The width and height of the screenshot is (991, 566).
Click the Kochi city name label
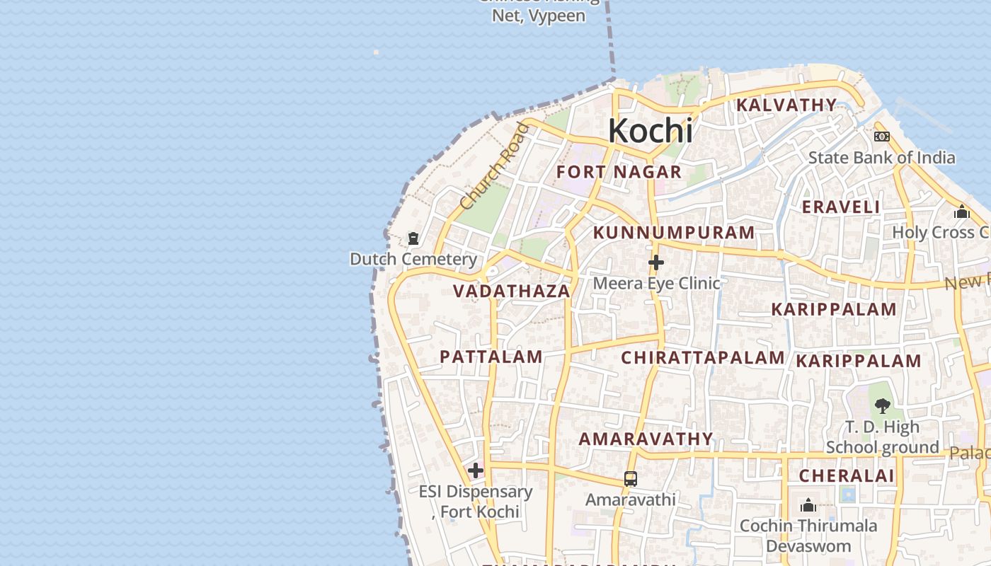[x=650, y=131]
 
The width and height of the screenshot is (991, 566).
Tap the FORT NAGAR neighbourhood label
[x=619, y=172]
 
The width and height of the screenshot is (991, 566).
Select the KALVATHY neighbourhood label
[x=786, y=105]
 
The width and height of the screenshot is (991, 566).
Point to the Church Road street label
[x=494, y=167]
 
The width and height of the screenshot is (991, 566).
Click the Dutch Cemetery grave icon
[x=413, y=239]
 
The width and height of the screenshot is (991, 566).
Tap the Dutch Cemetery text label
[x=413, y=259]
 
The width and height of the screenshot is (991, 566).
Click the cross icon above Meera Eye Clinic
[x=656, y=262]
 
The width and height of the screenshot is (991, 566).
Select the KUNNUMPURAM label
[x=674, y=233]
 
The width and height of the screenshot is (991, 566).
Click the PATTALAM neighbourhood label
[x=491, y=357]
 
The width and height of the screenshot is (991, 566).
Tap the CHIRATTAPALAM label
[x=702, y=358]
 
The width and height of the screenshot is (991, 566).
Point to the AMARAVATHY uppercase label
[x=646, y=439]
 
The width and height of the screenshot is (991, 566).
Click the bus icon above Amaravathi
[x=631, y=479]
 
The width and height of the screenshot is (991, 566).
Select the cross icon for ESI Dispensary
[x=476, y=470]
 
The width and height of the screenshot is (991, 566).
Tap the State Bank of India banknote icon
[x=882, y=137]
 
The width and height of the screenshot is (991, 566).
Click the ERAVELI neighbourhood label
[x=841, y=207]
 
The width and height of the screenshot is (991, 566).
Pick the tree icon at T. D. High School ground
[x=882, y=405]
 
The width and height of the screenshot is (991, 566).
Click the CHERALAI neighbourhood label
[x=847, y=475]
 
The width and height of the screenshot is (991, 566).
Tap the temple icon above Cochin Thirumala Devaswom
[x=808, y=505]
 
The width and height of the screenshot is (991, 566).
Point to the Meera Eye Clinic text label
[x=656, y=283]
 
